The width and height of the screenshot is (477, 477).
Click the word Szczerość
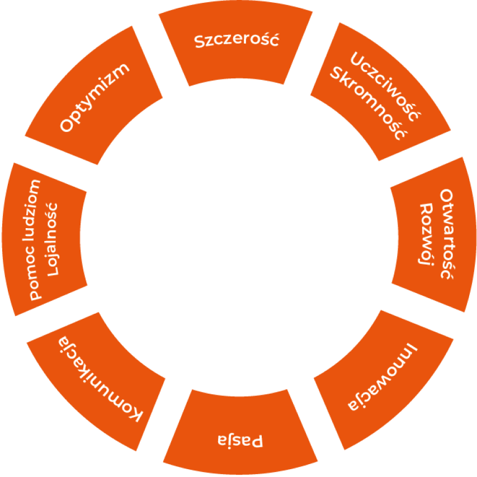coord(237,40)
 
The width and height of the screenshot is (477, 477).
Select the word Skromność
coord(369,103)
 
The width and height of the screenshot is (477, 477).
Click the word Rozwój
coord(426,234)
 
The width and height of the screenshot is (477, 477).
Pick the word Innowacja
coord(382,377)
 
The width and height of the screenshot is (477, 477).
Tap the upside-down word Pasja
coord(240,441)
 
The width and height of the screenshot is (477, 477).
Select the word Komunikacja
coord(100,379)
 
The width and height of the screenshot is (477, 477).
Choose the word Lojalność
coord(51,239)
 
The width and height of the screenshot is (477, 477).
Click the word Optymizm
coord(95,98)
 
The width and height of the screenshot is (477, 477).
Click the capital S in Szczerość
coord(199,42)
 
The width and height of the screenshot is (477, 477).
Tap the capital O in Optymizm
coord(67,125)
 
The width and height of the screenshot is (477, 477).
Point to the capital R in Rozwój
coord(426,210)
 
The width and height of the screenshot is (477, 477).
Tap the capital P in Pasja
coord(257,441)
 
